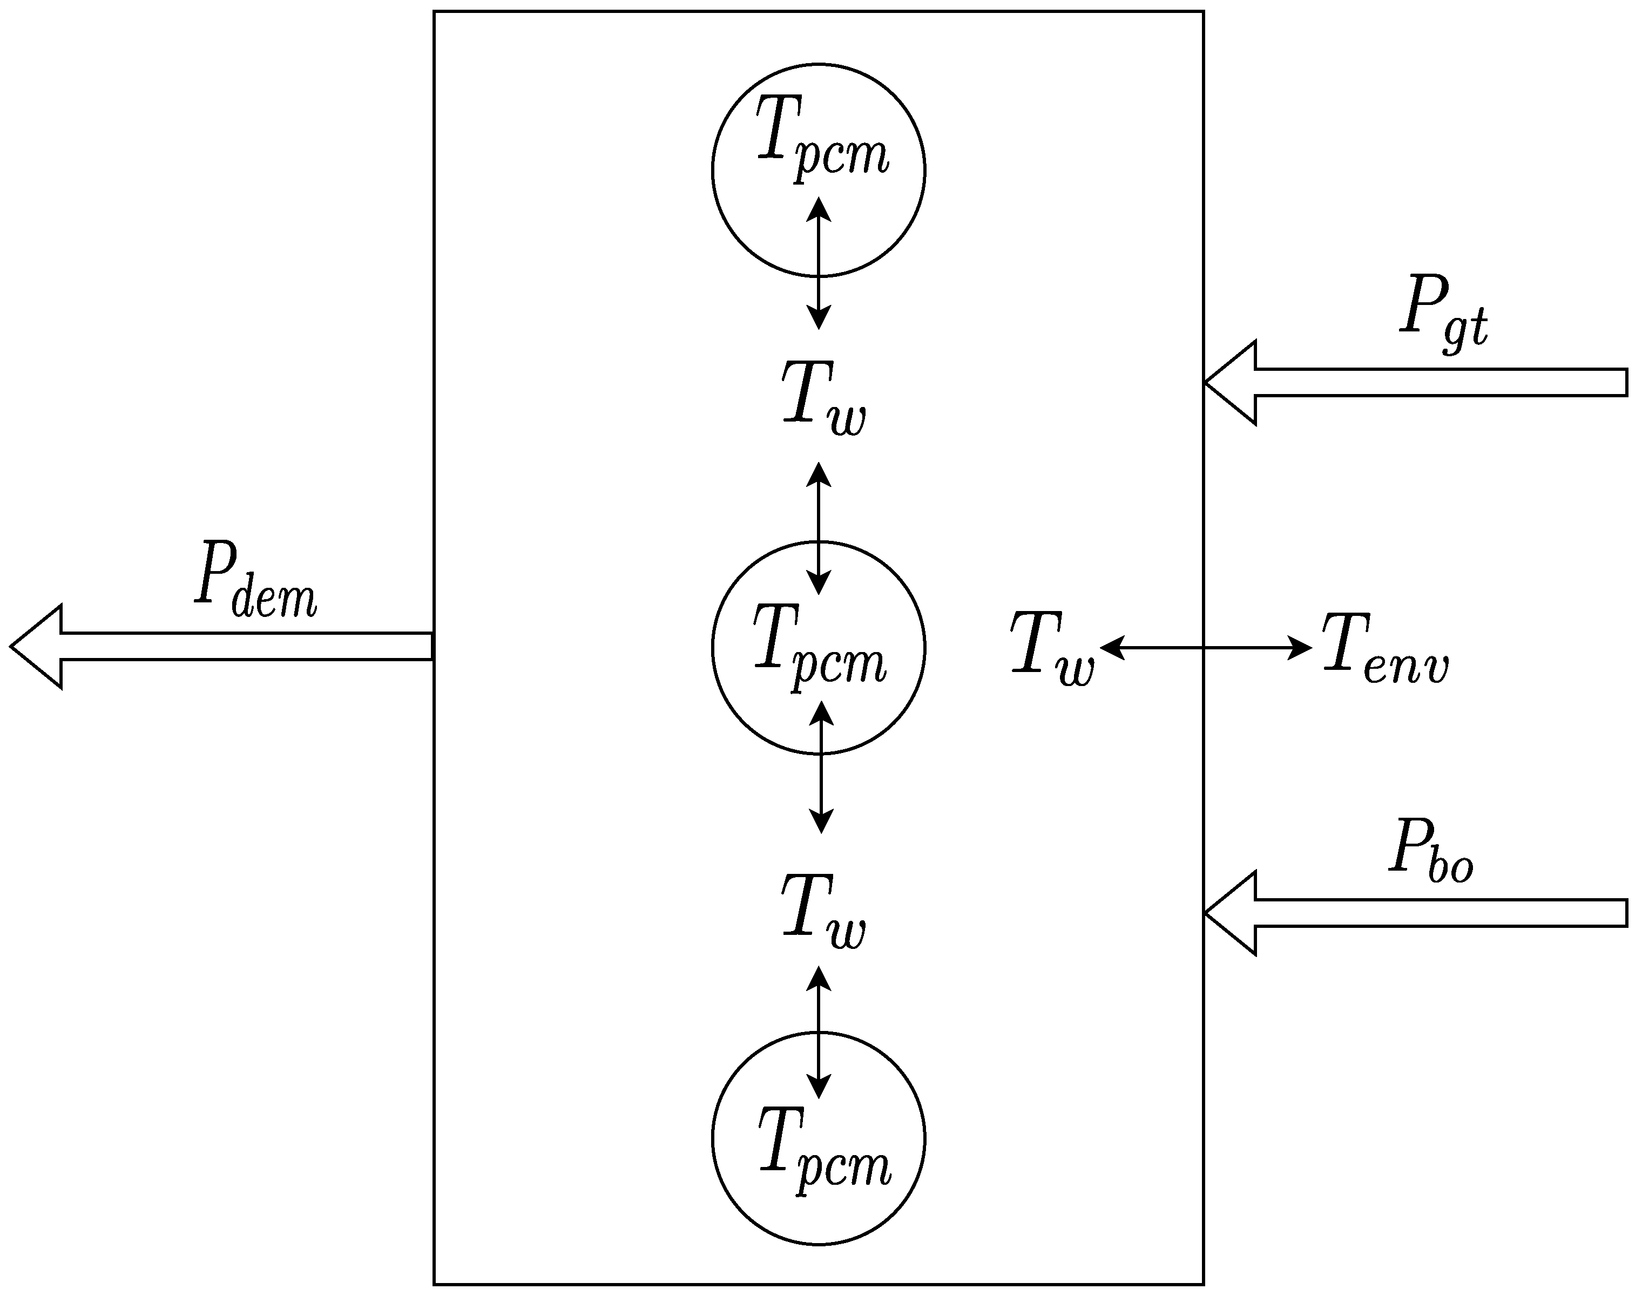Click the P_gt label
(x=1443, y=314)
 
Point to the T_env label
(x=1384, y=648)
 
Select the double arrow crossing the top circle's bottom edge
(x=819, y=263)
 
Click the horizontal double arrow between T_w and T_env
(x=1206, y=648)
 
